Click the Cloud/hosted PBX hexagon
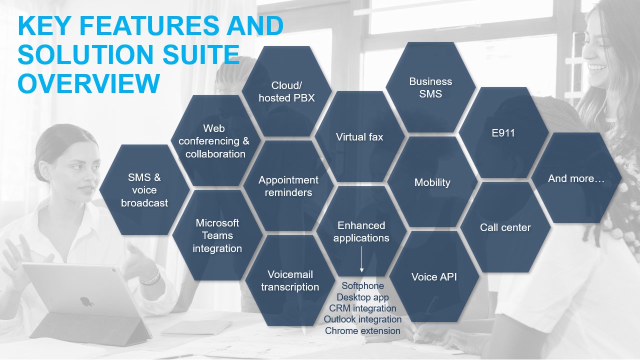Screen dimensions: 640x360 coord(286,91)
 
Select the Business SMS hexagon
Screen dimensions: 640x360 coord(430,87)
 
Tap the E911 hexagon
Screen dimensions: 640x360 coord(503,132)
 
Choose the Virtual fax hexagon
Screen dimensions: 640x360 coord(359,136)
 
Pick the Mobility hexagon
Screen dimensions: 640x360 coord(432,182)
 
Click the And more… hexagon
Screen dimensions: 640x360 coord(576,177)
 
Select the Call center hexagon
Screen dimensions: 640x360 coord(505,227)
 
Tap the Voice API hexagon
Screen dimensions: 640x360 coord(434,276)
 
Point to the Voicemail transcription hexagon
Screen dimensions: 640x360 coord(290,280)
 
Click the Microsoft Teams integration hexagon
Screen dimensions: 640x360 coord(217,235)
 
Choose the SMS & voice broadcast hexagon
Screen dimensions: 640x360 coord(144,190)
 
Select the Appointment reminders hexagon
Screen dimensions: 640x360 coord(288,186)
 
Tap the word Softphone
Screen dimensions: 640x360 coord(362,285)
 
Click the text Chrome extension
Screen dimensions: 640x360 coord(362,331)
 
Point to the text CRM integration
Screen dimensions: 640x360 coord(362,308)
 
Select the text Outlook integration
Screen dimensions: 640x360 coord(362,319)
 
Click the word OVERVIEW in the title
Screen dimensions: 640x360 coord(89,83)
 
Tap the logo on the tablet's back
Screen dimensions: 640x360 coord(86,301)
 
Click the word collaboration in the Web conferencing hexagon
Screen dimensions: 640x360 coord(215,154)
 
